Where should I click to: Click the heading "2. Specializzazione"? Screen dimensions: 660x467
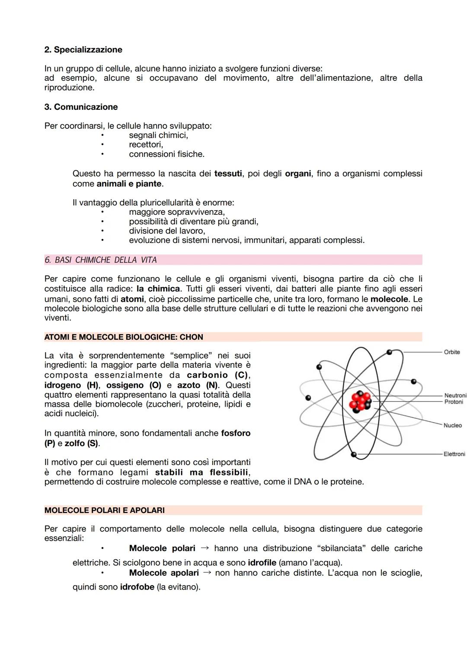coord(83,50)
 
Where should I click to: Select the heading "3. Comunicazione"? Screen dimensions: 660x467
coord(81,107)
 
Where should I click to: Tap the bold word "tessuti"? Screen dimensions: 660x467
coord(228,174)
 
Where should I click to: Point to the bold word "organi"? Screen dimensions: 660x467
coord(298,174)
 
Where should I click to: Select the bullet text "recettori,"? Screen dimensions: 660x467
coord(146,145)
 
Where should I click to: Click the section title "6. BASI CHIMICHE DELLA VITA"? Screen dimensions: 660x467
coord(100,260)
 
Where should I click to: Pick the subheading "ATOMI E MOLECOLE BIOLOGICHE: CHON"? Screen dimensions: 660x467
coord(124,337)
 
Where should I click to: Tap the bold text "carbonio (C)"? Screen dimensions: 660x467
coord(218,375)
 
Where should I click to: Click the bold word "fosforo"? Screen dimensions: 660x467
coord(236,433)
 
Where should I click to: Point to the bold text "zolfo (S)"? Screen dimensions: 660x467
coord(82,443)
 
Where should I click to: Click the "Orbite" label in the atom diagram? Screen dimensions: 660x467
coord(451,352)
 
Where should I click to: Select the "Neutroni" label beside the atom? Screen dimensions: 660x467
coord(455,395)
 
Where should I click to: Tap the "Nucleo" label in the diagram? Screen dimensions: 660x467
coord(452,425)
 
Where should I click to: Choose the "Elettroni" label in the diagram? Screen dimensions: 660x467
coord(454,454)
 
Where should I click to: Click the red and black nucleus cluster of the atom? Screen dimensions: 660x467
coord(360,402)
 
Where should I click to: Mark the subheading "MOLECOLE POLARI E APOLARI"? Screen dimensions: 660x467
coord(104,510)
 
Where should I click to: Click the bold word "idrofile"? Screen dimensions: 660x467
coord(262,563)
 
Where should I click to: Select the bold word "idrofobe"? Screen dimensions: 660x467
coord(137,587)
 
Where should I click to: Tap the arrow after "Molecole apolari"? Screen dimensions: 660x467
coord(207,573)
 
